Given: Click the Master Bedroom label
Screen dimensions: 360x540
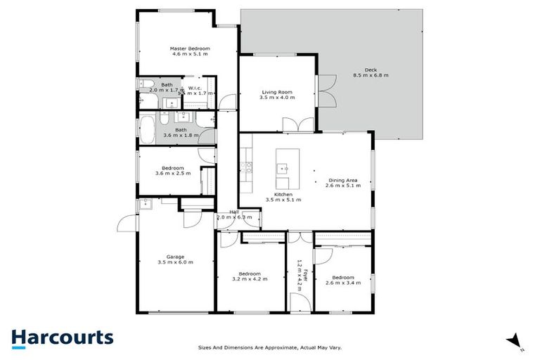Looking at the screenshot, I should pos(191,49).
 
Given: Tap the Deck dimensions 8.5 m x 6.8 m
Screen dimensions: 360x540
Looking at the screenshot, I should pos(371,75).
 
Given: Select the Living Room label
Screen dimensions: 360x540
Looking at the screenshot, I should pos(277,91).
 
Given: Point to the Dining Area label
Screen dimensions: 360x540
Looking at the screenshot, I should pos(342,180).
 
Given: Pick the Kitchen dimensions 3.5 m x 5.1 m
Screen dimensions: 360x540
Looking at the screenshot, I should pos(283,200).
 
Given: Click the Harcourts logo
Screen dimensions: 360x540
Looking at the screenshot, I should pos(62,337).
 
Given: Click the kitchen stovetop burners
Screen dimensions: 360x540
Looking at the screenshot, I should pos(246,167).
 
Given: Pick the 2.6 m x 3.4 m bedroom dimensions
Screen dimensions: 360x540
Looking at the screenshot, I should pos(343,283).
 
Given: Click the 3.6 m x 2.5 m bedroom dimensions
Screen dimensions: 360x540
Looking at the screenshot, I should pos(173,174).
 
